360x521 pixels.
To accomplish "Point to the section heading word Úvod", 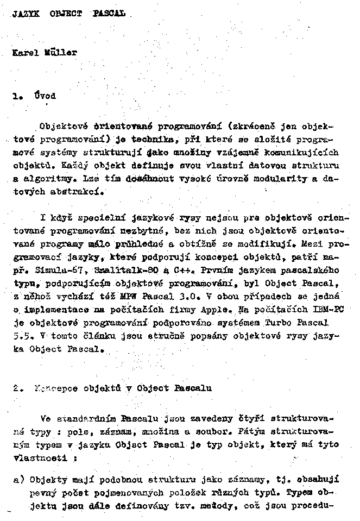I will pyautogui.click(x=44, y=96).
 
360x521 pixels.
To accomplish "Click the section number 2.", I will pyautogui.click(x=16, y=388).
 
